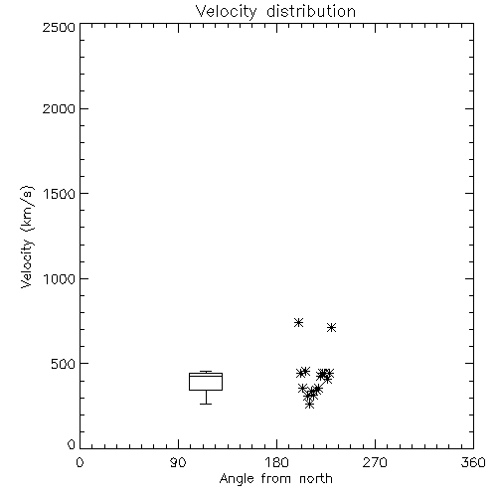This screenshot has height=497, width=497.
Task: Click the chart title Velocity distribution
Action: [275, 12]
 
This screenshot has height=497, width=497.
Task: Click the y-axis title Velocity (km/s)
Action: [27, 237]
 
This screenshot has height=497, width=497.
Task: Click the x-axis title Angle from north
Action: [275, 479]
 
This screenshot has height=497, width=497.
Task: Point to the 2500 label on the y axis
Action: [59, 27]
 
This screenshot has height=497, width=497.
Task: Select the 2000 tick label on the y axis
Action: [59, 108]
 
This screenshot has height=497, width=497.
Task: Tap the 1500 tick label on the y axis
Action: [60, 194]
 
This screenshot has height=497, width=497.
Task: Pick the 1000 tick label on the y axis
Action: [60, 278]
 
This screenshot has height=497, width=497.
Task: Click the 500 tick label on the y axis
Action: [64, 364]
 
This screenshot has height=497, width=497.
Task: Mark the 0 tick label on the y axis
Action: [72, 444]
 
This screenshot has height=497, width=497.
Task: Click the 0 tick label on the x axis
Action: [80, 462]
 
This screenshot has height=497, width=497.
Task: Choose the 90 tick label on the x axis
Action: [178, 462]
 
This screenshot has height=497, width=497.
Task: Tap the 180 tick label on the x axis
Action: [276, 462]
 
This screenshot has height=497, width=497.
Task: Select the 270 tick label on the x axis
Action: [375, 462]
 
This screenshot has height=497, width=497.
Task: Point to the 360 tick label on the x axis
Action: [473, 462]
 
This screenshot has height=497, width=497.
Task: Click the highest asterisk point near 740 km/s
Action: [298, 322]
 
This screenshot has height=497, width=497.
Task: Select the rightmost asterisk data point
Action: [331, 328]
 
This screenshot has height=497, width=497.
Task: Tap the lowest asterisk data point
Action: [309, 405]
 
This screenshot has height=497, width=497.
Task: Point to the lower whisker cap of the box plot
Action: [206, 404]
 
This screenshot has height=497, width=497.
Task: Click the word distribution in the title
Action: [311, 12]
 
